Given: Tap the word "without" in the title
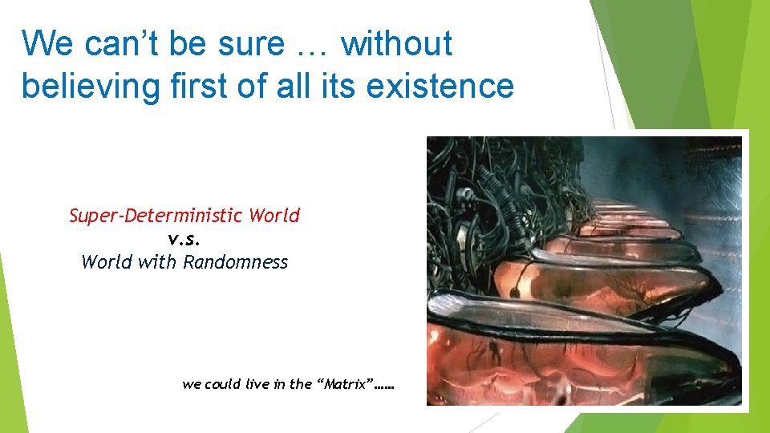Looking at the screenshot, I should pyautogui.click(x=396, y=44).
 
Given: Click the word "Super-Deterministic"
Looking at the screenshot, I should pyautogui.click(x=156, y=216).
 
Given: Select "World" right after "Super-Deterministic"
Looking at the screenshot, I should pyautogui.click(x=274, y=216).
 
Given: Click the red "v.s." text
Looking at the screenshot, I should pyautogui.click(x=184, y=239).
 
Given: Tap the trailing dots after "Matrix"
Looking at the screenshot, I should pyautogui.click(x=385, y=386).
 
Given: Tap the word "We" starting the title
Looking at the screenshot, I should pyautogui.click(x=47, y=44).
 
